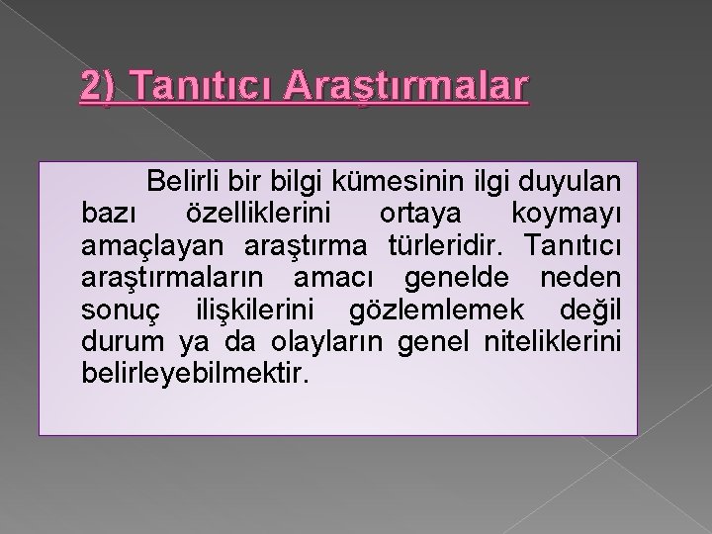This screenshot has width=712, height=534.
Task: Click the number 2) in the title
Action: click(101, 86)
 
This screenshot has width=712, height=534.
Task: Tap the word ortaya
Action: click(409, 214)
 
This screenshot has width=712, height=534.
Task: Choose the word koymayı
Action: click(566, 214)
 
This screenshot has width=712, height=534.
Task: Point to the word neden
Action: click(584, 277)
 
